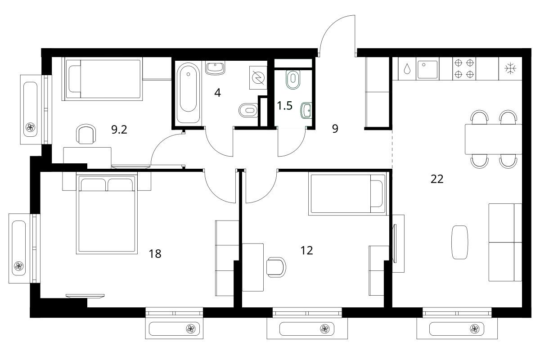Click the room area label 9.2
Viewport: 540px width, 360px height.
coord(119,130)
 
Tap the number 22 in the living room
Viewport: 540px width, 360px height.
coord(437,179)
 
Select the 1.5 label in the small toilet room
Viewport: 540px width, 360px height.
coord(284,106)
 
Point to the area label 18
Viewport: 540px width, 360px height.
coord(155,254)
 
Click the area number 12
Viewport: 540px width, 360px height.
coord(306,251)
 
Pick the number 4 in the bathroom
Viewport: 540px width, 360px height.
coord(217,93)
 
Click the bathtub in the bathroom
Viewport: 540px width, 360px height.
coord(188,93)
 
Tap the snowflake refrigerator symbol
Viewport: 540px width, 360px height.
coord(510,68)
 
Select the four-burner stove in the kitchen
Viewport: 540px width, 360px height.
coord(464,69)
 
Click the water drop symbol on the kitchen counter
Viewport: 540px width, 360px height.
coord(407,68)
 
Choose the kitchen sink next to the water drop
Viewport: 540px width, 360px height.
coord(427,69)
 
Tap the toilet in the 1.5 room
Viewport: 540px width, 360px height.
coord(293,79)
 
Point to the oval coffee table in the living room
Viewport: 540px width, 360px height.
coord(460,243)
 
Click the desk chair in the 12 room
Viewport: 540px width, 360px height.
coord(276,267)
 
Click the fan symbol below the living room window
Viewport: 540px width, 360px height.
coord(475,328)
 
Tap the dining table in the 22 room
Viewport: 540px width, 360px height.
coord(493,139)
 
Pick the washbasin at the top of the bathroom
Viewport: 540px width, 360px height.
coord(215,67)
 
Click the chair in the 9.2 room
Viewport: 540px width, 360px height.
coord(86,134)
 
